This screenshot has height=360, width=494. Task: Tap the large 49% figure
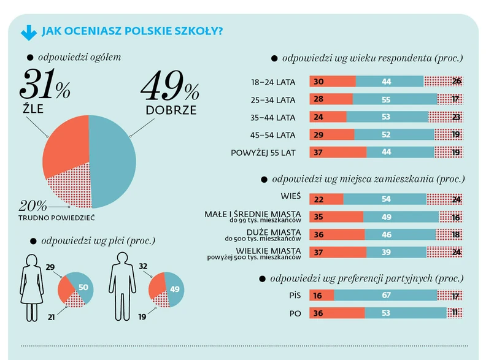[x=169, y=87]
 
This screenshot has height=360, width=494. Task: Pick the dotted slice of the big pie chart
[x=71, y=188]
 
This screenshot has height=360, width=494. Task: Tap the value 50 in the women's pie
[x=83, y=288]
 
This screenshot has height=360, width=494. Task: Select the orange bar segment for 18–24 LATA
[x=332, y=82]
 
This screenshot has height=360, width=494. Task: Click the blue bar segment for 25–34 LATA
[x=395, y=99]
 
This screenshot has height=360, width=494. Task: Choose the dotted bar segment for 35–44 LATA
[x=446, y=117]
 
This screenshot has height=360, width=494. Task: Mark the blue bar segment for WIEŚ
[x=384, y=199]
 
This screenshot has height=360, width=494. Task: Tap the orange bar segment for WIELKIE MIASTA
[x=338, y=252]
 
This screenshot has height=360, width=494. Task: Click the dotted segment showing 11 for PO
[x=454, y=313]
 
